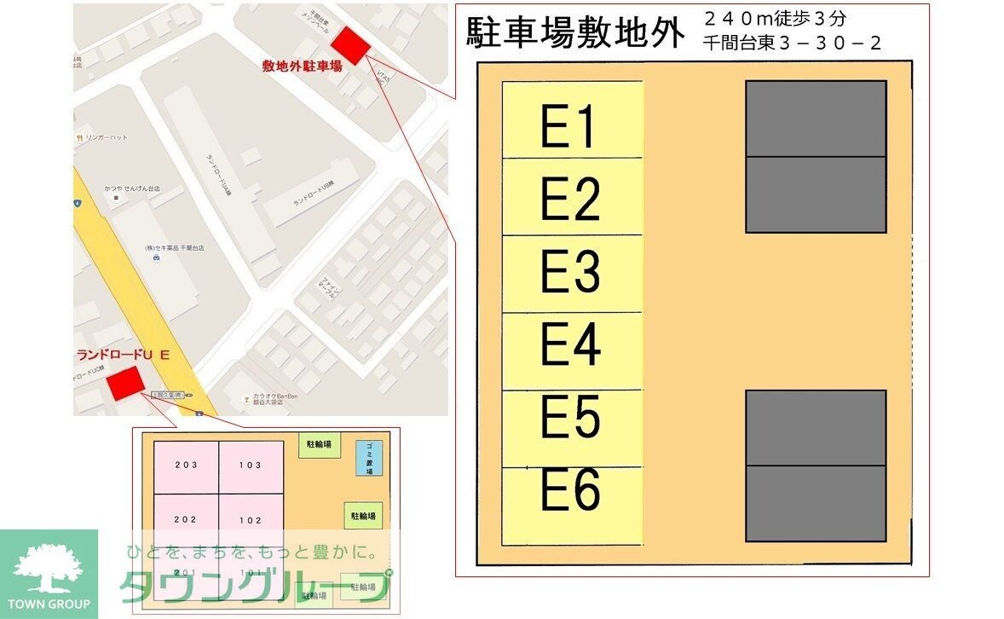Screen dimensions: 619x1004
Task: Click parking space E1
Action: [572, 120]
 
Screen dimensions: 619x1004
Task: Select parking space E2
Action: [572, 197]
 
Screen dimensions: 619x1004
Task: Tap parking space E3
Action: [572, 274]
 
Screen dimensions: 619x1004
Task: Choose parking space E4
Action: [572, 351]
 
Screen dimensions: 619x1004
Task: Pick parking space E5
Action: [572, 428]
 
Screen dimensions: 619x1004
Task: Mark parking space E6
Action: [572, 505]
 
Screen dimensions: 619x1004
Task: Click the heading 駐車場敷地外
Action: [575, 34]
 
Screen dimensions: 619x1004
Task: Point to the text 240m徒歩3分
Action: [775, 19]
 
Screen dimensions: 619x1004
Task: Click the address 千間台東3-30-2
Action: [793, 43]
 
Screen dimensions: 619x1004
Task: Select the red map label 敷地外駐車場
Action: [302, 66]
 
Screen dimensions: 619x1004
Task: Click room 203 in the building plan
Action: [186, 466]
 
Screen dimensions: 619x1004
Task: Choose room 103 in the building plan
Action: [251, 466]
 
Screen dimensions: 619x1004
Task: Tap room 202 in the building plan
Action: [186, 520]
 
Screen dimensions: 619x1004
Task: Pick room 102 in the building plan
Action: [251, 520]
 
